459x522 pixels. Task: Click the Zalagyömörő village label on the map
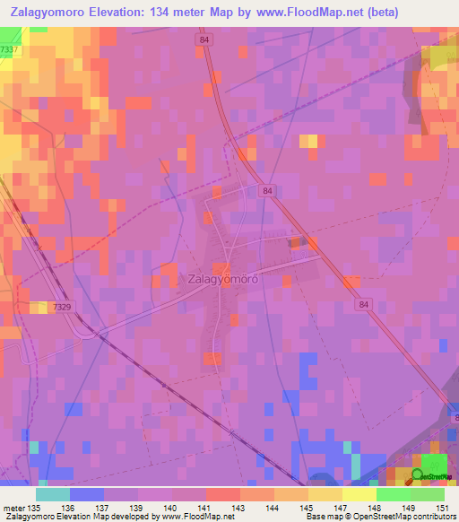[223, 279]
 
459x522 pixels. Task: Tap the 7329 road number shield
[63, 307]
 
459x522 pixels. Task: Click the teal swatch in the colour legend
[53, 494]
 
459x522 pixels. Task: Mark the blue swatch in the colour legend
[87, 494]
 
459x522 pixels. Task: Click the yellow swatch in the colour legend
[359, 494]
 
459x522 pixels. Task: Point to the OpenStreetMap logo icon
[418, 476]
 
